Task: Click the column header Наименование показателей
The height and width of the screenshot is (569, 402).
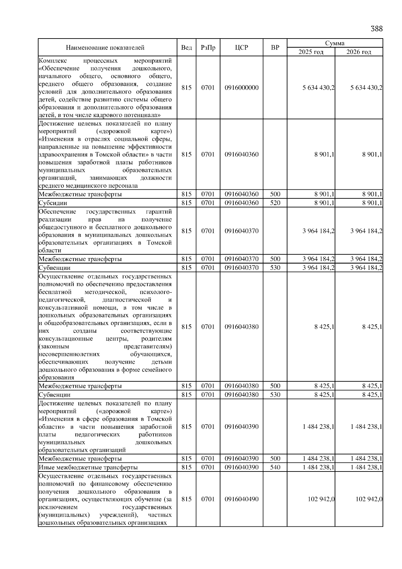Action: click(105, 48)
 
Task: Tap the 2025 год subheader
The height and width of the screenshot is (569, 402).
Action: click(311, 52)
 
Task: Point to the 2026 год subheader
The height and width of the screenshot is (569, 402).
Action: click(358, 52)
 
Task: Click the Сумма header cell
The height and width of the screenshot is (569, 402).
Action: click(335, 43)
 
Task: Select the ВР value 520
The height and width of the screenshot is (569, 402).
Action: click(275, 203)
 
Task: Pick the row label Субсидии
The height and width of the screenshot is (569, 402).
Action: click(53, 203)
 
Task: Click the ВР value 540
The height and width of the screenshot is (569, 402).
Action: click(275, 467)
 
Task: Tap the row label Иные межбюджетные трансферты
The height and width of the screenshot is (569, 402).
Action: click(88, 467)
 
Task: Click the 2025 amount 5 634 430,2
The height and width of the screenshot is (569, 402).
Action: click(318, 88)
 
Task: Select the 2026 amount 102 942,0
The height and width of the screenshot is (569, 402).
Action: click(369, 499)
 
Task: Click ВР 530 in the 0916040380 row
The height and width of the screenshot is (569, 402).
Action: click(275, 395)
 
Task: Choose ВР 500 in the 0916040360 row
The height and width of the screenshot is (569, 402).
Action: click(275, 194)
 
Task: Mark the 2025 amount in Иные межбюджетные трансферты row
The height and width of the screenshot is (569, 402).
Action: click(318, 467)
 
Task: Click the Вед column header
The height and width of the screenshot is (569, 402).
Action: click(186, 48)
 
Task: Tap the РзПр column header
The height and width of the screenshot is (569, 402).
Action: click(208, 48)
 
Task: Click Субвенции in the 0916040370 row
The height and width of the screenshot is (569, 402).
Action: click(55, 268)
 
